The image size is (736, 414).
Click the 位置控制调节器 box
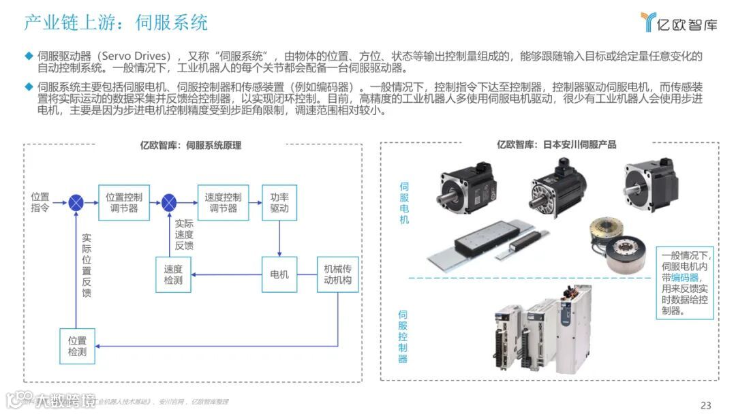click(x=123, y=202)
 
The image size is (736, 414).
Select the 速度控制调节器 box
click(x=223, y=202)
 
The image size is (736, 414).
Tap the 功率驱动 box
click(x=279, y=202)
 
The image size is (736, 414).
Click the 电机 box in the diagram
click(x=279, y=274)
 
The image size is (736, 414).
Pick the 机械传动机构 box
click(x=337, y=274)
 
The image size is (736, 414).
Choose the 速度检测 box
click(x=173, y=274)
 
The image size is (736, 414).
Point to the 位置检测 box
click(x=77, y=346)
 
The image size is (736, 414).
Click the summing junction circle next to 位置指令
click(x=77, y=202)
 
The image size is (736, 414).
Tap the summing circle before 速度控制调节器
click(x=169, y=202)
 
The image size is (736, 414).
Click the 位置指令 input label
click(x=40, y=202)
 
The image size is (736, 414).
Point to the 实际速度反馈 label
click(x=184, y=234)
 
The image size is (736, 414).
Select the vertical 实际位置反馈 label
click(x=87, y=266)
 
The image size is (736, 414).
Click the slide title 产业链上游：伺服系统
click(x=116, y=22)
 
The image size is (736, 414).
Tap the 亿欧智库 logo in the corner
click(x=679, y=23)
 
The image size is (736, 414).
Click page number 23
click(x=705, y=405)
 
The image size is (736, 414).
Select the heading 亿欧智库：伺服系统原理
click(x=190, y=145)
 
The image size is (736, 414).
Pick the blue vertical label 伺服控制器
click(x=403, y=336)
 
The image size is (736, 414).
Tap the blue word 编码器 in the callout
click(x=685, y=278)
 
